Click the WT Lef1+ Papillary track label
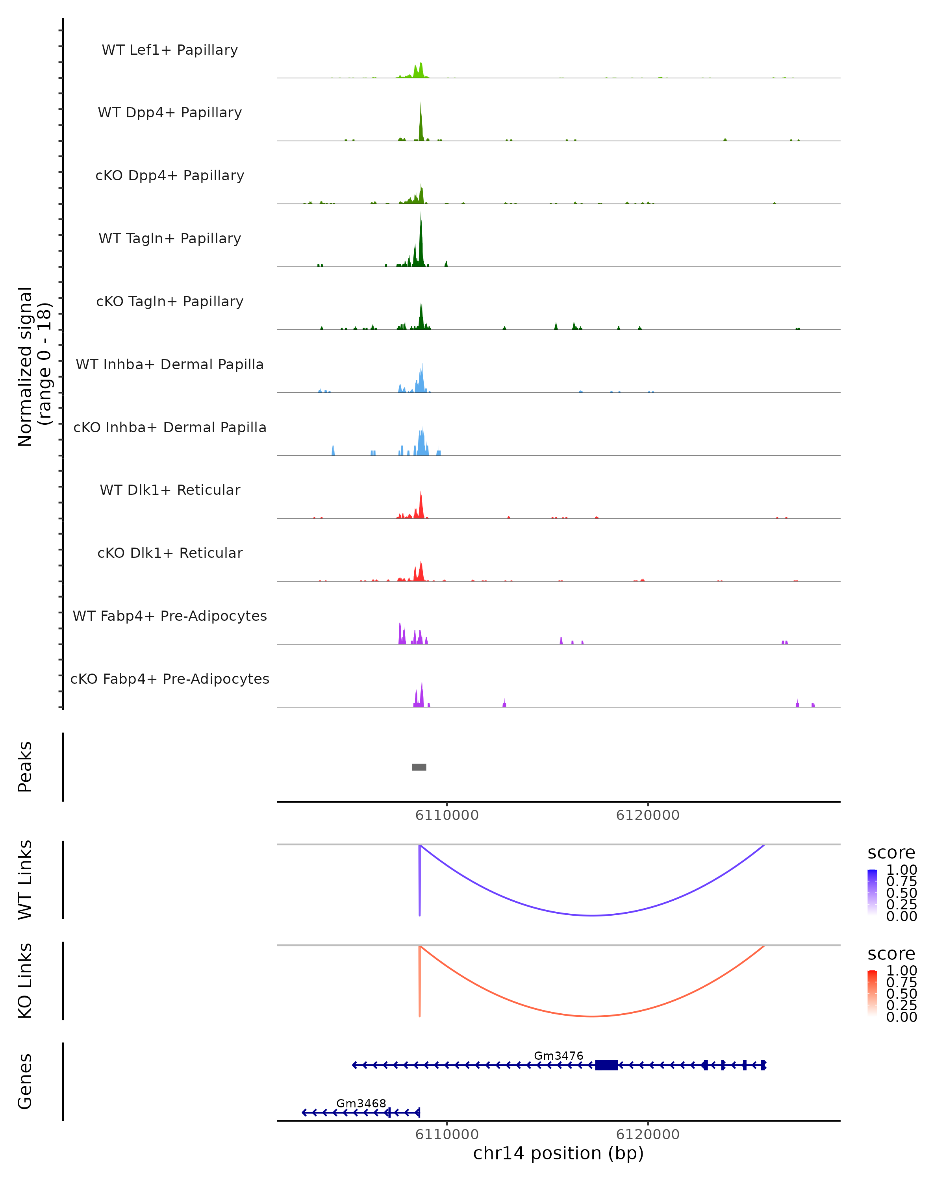170,50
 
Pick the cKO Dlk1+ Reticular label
170,553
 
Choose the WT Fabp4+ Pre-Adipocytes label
170,616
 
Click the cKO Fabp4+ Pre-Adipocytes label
170,679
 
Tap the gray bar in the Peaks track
419,767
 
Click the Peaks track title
25,767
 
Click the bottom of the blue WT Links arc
592,915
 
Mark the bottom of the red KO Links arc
592,1016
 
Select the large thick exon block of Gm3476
606,1065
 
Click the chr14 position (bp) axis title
558,1153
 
